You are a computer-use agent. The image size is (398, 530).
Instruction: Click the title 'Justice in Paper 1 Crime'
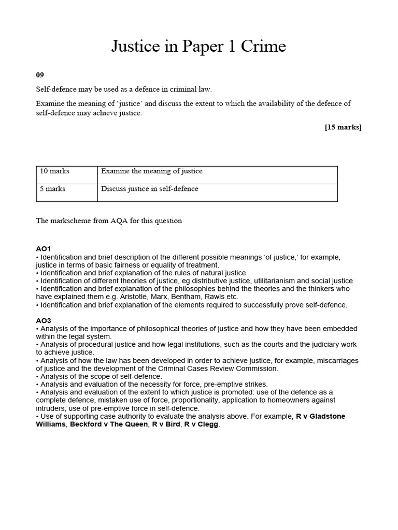click(198, 47)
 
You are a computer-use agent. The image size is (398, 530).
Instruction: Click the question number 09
click(40, 75)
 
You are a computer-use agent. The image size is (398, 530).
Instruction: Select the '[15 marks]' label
click(343, 127)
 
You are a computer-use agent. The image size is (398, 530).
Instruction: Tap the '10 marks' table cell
click(54, 171)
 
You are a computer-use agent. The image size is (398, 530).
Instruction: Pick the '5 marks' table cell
click(52, 189)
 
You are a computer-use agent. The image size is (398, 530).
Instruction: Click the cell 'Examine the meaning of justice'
click(152, 171)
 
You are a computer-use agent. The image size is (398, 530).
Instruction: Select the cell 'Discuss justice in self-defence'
click(150, 189)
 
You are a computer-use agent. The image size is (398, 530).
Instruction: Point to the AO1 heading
click(44, 249)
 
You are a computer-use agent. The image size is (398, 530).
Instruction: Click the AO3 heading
click(44, 320)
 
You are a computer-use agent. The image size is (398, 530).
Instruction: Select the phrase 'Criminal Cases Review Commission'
click(219, 369)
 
